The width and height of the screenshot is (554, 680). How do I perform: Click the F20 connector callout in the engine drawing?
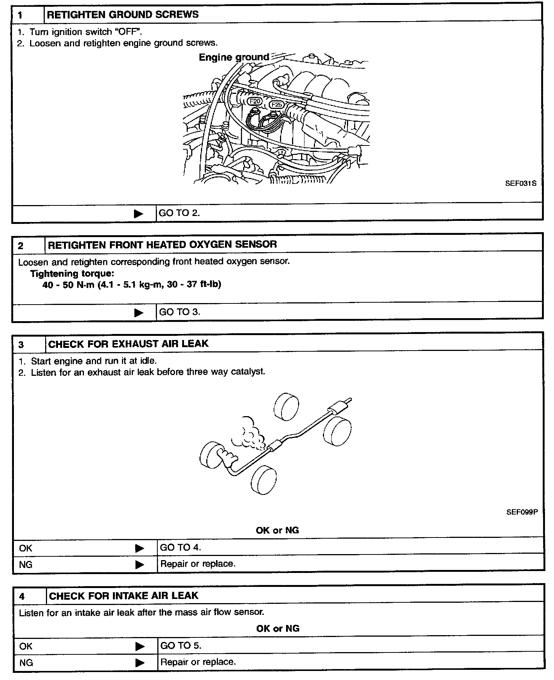(255, 101)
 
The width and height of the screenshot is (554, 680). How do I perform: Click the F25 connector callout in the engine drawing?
(277, 105)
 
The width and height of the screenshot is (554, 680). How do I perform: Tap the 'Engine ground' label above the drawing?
(234, 57)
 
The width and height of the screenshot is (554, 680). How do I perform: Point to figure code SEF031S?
(521, 184)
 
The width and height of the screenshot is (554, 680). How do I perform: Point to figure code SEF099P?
(522, 512)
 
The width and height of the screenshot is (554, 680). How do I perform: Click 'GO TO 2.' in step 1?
(179, 213)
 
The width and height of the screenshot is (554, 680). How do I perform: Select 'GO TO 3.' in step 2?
(180, 312)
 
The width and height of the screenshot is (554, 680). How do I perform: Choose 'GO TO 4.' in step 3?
(180, 547)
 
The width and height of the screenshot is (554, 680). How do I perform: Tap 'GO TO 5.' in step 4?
(181, 645)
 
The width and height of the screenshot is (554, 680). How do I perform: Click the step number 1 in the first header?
(20, 15)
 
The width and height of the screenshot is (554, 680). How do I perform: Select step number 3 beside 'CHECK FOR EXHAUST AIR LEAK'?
(21, 345)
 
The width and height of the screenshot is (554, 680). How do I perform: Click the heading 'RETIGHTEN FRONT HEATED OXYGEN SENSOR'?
(162, 244)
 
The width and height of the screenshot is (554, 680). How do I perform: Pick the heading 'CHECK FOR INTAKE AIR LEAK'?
(123, 596)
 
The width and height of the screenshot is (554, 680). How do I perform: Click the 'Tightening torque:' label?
(72, 273)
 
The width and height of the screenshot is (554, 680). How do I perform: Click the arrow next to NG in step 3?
(139, 564)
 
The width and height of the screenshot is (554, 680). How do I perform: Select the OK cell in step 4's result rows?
(26, 646)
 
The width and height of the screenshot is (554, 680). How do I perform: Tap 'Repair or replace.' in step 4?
(198, 662)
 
